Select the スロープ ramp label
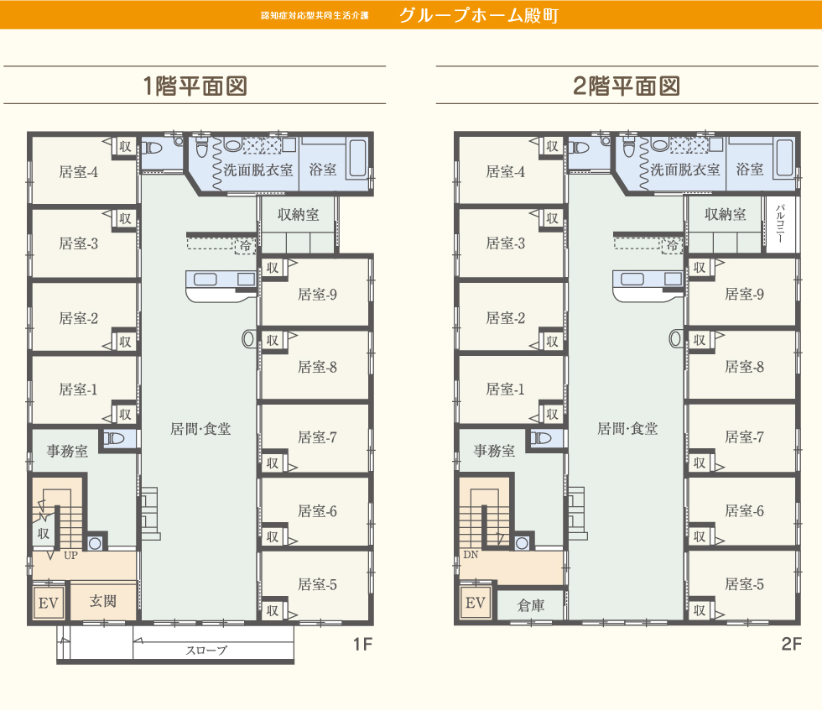pyautogui.click(x=206, y=651)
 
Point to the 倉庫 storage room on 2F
pyautogui.click(x=531, y=604)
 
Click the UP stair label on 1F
pyautogui.click(x=71, y=555)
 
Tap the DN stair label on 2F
pyautogui.click(x=471, y=555)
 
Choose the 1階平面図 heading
pyautogui.click(x=195, y=86)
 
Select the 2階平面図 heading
pyautogui.click(x=626, y=86)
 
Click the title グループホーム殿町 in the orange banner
pyautogui.click(x=478, y=15)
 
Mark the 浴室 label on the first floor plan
pyautogui.click(x=323, y=170)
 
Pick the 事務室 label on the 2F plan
pyautogui.click(x=494, y=452)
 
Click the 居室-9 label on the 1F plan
pyautogui.click(x=317, y=295)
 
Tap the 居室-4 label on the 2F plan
pyautogui.click(x=506, y=172)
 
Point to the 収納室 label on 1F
pyautogui.click(x=299, y=215)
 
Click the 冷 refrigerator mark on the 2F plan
pyautogui.click(x=673, y=246)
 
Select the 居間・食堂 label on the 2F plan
pyautogui.click(x=627, y=429)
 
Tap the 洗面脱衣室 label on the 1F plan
pyautogui.click(x=258, y=170)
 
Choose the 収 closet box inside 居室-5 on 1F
pyautogui.click(x=273, y=611)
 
